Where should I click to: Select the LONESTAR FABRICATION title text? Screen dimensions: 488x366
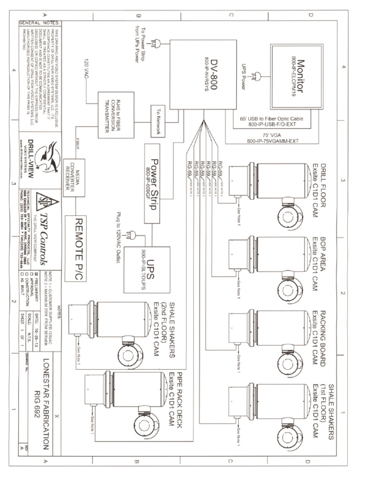[46, 410]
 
